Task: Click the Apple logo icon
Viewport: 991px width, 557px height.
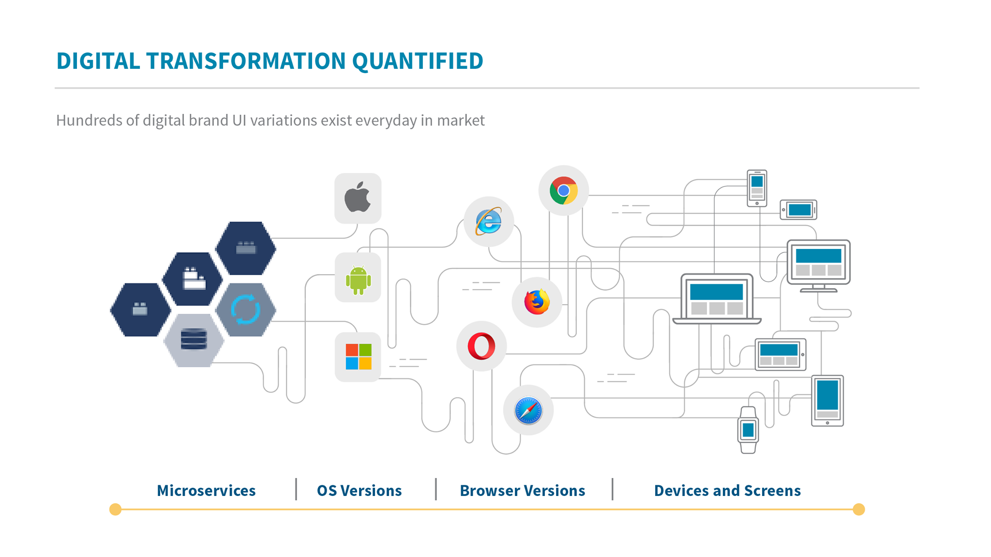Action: (358, 198)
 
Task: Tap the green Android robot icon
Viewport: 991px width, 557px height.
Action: (358, 279)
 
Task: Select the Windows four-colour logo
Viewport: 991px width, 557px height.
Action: (359, 357)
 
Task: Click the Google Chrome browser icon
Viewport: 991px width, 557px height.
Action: (563, 190)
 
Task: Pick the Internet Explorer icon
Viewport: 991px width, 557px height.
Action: (488, 222)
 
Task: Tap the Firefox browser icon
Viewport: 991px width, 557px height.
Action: (537, 302)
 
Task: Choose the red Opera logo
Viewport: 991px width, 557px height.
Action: (481, 346)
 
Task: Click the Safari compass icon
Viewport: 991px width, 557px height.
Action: (528, 410)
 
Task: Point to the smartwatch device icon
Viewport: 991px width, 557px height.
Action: (748, 430)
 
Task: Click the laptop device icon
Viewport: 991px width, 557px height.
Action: (717, 299)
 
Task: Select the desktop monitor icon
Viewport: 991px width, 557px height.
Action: (818, 264)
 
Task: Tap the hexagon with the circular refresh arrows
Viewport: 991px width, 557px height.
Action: (245, 309)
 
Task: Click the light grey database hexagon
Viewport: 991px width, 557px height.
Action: (194, 340)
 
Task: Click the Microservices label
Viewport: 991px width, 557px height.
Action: (206, 491)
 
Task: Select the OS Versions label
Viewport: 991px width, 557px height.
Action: (359, 491)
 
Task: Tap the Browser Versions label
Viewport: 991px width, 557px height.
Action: (522, 491)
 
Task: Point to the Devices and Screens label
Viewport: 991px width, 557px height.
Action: (727, 491)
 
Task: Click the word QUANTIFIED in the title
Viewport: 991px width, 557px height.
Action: (417, 61)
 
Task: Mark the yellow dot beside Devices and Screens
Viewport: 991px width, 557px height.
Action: (858, 510)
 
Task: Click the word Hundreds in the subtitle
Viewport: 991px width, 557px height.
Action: (89, 120)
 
